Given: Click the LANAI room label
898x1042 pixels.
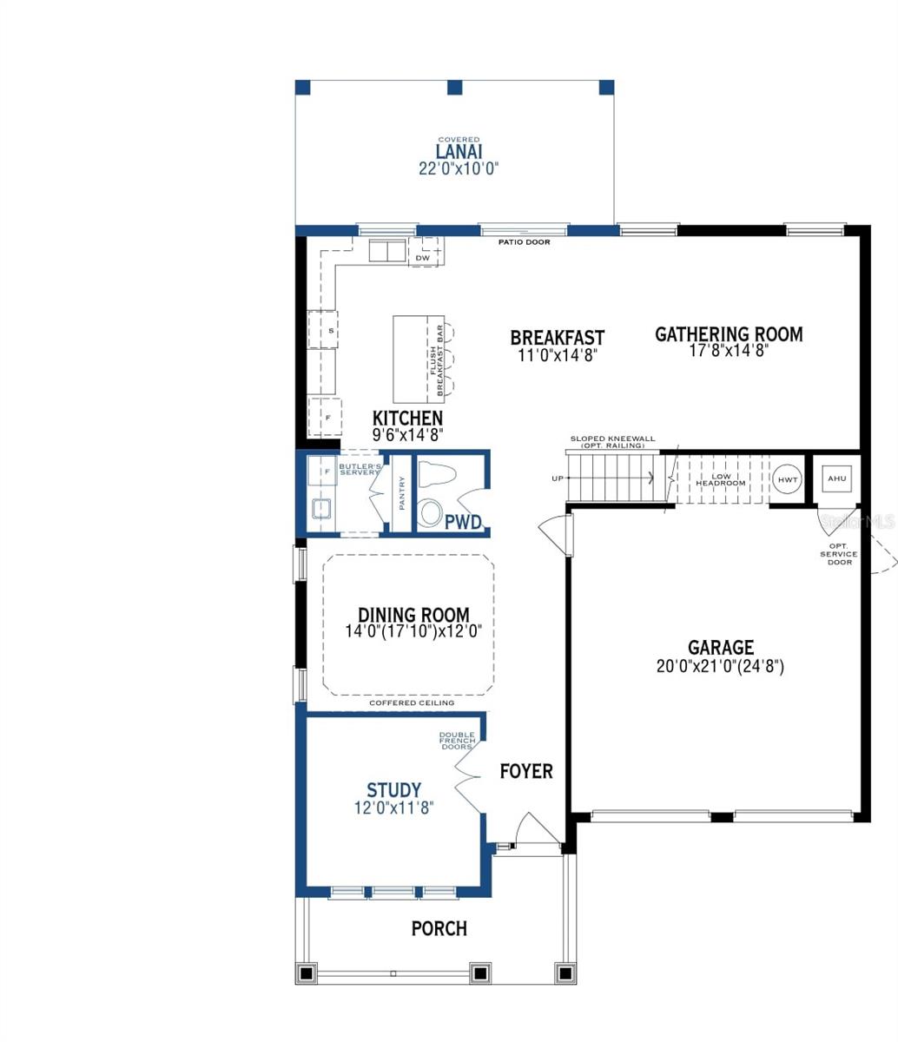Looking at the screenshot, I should [459, 152].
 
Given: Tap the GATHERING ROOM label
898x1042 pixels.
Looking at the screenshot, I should [729, 334].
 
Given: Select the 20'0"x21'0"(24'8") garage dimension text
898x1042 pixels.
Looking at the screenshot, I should [721, 667].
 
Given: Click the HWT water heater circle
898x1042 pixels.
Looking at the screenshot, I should [788, 479].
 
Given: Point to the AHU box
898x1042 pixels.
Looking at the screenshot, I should [835, 478].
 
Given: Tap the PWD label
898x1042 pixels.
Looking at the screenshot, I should [464, 523].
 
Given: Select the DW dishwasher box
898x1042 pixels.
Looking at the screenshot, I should [423, 258].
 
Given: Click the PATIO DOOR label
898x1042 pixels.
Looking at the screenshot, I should [524, 242].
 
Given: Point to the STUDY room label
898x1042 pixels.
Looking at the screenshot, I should [393, 790].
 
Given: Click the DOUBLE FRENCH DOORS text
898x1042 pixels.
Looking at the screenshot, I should [456, 741].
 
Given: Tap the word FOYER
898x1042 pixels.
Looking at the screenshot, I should [525, 771].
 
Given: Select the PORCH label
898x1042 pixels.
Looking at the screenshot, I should [439, 928].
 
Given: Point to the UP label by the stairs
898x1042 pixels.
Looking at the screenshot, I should [557, 478].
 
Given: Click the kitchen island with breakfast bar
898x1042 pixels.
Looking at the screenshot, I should [419, 356].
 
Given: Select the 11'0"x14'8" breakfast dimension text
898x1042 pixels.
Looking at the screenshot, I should [557, 354].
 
